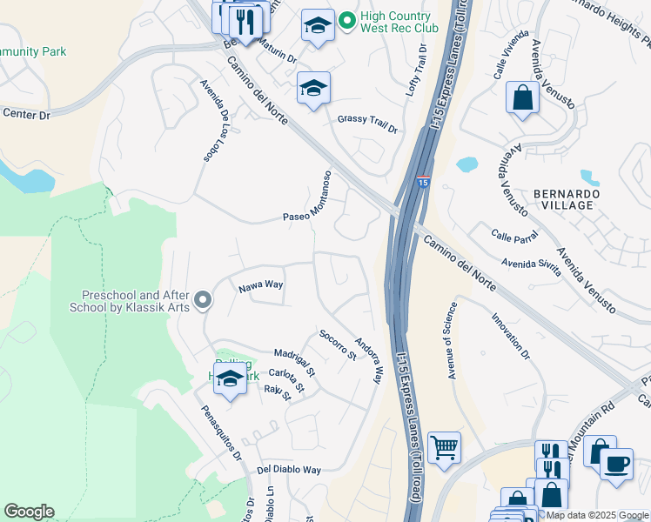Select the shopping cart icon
[445, 447]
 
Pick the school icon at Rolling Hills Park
[230, 379]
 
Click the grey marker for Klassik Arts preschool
[203, 301]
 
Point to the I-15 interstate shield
[422, 183]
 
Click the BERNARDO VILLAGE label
[565, 198]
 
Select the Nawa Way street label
[261, 285]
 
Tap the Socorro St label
[338, 345]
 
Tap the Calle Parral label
[513, 235]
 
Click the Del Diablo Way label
[289, 469]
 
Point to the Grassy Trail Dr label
[367, 124]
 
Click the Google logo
[29, 512]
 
